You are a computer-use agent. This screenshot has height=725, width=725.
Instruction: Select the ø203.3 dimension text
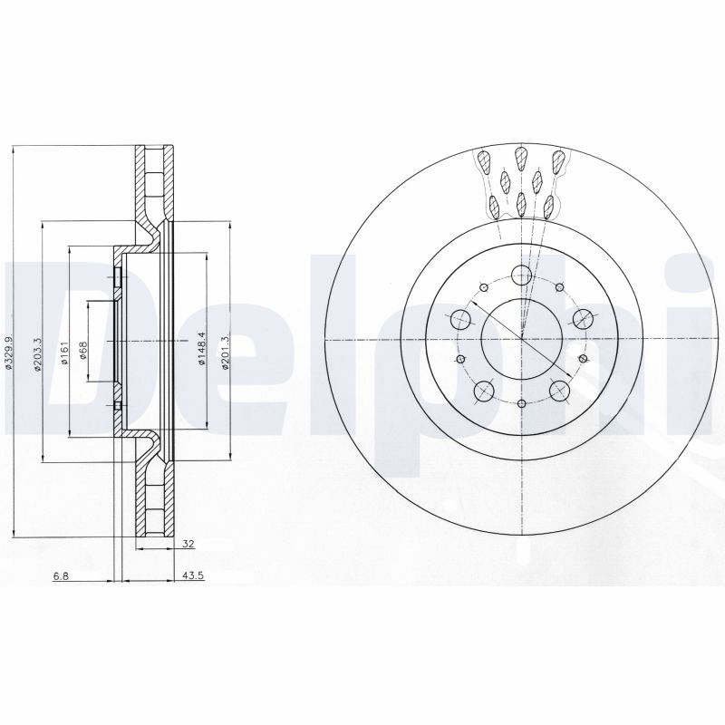[38, 353]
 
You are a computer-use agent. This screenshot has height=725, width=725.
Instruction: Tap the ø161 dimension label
[64, 353]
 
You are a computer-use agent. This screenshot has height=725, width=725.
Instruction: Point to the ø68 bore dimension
[83, 351]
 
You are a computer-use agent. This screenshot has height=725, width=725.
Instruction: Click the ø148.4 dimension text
[200, 348]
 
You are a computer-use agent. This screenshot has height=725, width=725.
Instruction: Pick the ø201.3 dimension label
[225, 353]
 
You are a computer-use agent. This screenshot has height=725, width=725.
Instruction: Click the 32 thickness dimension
[188, 544]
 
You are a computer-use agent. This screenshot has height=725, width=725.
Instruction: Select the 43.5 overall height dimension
[194, 575]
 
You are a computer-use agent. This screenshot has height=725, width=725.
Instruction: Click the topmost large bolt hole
[522, 275]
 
